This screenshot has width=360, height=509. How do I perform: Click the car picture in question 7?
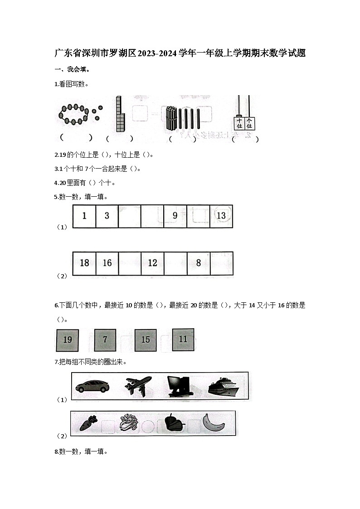tap(92, 386)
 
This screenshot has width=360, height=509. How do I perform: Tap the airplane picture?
tap(138, 386)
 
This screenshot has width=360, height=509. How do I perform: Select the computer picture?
tap(180, 387)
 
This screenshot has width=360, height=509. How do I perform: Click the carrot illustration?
tap(86, 423)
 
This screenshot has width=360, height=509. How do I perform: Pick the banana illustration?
tap(214, 422)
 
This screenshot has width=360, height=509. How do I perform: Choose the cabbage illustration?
tap(129, 423)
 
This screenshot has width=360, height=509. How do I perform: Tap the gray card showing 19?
tap(67, 340)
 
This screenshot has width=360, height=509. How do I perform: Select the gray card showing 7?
tap(105, 340)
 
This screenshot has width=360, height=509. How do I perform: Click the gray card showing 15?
tap(145, 340)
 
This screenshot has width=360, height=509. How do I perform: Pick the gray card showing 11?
tap(183, 339)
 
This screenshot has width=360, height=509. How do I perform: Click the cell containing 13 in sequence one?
tap(221, 216)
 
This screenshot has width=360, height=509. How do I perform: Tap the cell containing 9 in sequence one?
tap(175, 216)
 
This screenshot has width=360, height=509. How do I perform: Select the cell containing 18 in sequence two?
tap(84, 263)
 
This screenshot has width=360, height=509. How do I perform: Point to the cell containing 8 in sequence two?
tap(198, 263)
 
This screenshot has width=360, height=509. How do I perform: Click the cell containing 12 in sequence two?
tap(152, 263)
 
